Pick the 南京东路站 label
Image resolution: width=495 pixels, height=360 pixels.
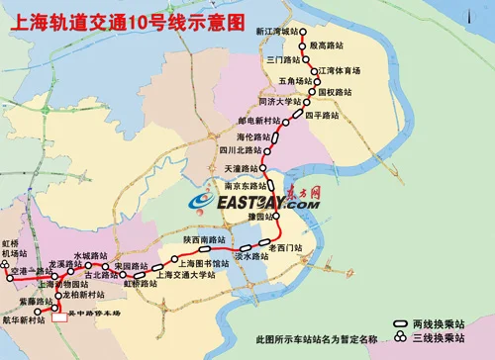point(243,185)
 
